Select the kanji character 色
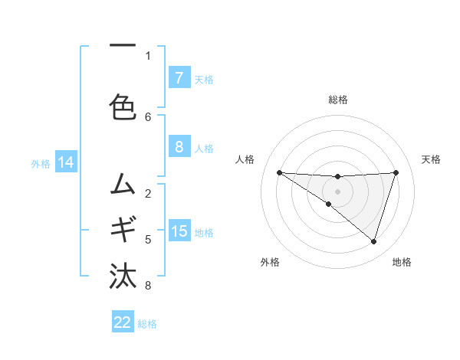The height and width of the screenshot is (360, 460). (x=123, y=106)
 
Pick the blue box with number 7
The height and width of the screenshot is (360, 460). (x=179, y=78)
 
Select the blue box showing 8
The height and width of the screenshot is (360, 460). (x=179, y=147)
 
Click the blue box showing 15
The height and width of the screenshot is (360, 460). (x=179, y=231)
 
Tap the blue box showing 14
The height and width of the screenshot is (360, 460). (x=65, y=162)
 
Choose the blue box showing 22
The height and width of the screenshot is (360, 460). (x=123, y=322)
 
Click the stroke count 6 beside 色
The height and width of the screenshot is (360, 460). (x=148, y=116)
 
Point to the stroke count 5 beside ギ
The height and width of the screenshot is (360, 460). (x=148, y=240)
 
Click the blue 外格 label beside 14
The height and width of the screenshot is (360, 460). (x=41, y=163)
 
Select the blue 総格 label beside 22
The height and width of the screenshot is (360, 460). (x=147, y=323)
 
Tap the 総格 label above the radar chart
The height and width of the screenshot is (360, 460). (x=337, y=100)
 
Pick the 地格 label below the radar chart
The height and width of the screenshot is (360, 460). (x=402, y=262)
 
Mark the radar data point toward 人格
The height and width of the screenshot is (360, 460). (x=279, y=172)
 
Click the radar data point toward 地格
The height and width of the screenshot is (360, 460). (x=373, y=241)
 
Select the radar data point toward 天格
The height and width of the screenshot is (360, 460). (x=396, y=172)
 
